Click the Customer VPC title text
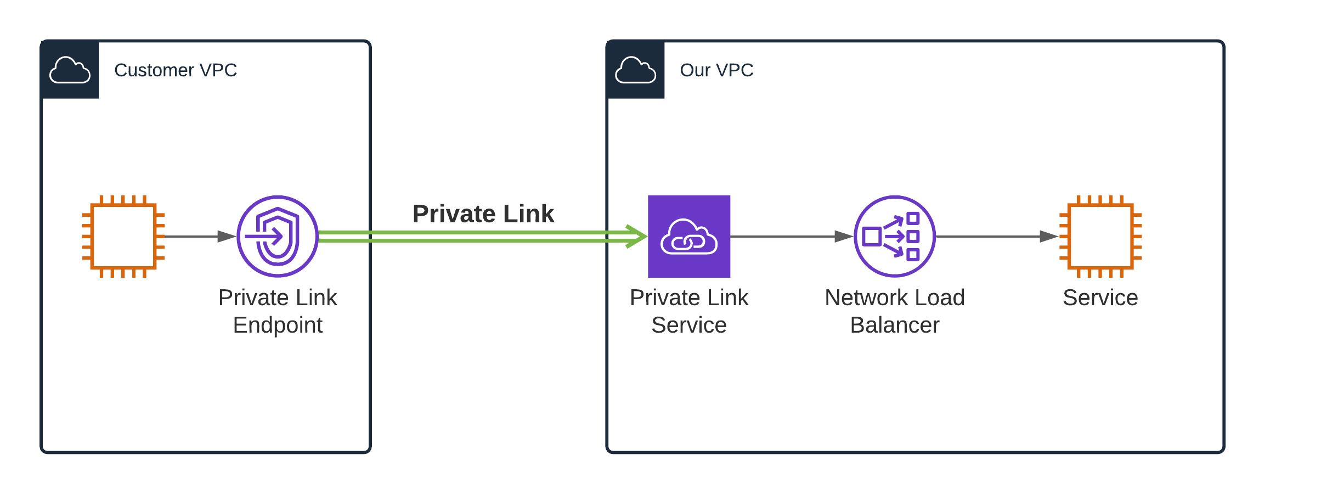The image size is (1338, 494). (175, 70)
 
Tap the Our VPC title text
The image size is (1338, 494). (716, 70)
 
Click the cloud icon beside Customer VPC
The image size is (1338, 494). (70, 70)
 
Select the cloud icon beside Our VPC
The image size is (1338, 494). (635, 70)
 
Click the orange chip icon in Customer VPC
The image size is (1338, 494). (123, 237)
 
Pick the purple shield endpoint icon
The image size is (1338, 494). (278, 237)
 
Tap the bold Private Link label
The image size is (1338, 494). (483, 214)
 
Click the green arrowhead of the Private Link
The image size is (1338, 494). (637, 237)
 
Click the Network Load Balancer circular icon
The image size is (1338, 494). (894, 237)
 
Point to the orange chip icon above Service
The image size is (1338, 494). (1100, 237)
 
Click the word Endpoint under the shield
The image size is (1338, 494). (278, 325)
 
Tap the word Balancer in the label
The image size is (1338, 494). (894, 325)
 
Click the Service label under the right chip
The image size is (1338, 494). (1100, 298)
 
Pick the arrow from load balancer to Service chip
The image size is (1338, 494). (996, 237)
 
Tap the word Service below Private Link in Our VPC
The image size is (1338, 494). (689, 325)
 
